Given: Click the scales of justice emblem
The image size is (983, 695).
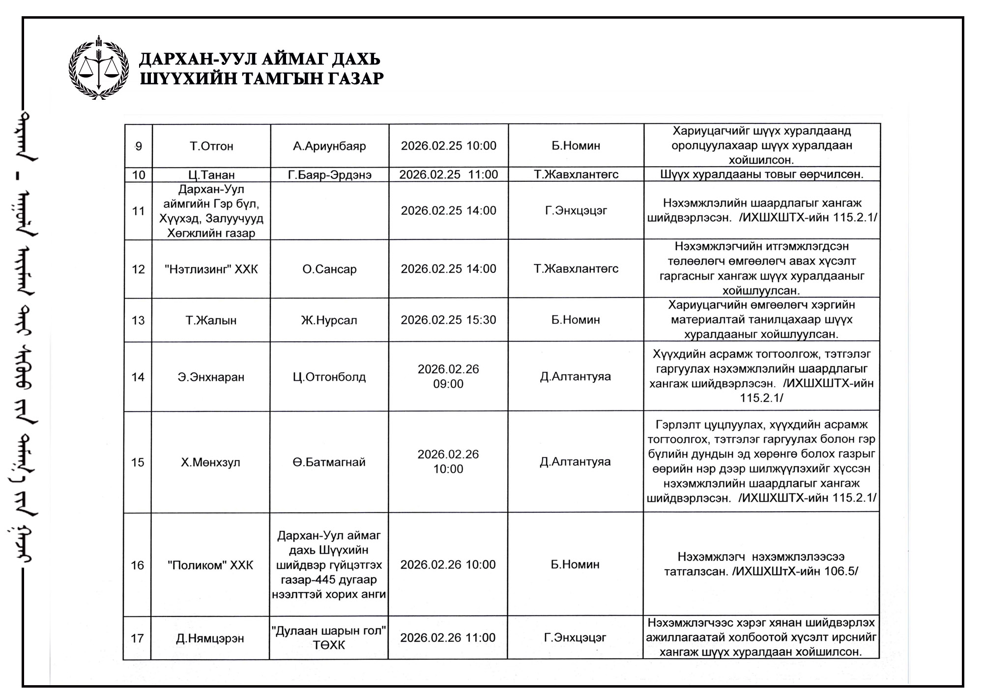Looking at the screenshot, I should coord(99,68).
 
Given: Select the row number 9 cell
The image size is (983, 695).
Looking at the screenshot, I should coord(139,146).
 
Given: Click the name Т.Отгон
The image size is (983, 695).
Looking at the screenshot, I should coord(211,146).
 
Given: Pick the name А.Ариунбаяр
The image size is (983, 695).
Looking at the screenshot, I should coord(329,146).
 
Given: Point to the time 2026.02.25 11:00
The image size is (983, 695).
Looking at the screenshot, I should coord(448,174).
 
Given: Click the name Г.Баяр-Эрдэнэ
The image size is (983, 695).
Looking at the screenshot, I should coord(329,174).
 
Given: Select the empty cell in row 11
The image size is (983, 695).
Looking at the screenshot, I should coord(329,211).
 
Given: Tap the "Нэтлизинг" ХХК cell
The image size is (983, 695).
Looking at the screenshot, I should coord(211,269).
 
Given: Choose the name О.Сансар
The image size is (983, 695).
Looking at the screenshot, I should coord(329,269).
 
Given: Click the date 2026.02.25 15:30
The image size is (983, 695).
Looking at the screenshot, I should coord(448,320).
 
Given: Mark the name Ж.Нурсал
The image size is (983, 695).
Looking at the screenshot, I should coord(329,320).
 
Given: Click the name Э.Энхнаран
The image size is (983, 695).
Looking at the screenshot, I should coord(211,377).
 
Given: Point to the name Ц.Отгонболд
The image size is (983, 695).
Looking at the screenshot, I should coord(329,377).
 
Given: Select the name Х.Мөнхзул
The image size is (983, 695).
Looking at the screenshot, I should coord(210,463).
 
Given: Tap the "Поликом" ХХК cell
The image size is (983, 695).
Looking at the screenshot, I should coord(210,565).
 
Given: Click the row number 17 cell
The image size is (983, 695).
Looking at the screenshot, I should coord(137,638).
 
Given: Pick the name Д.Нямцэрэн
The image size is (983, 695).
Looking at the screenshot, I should coord(210,638).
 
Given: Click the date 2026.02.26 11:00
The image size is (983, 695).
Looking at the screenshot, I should coord(448,638).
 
